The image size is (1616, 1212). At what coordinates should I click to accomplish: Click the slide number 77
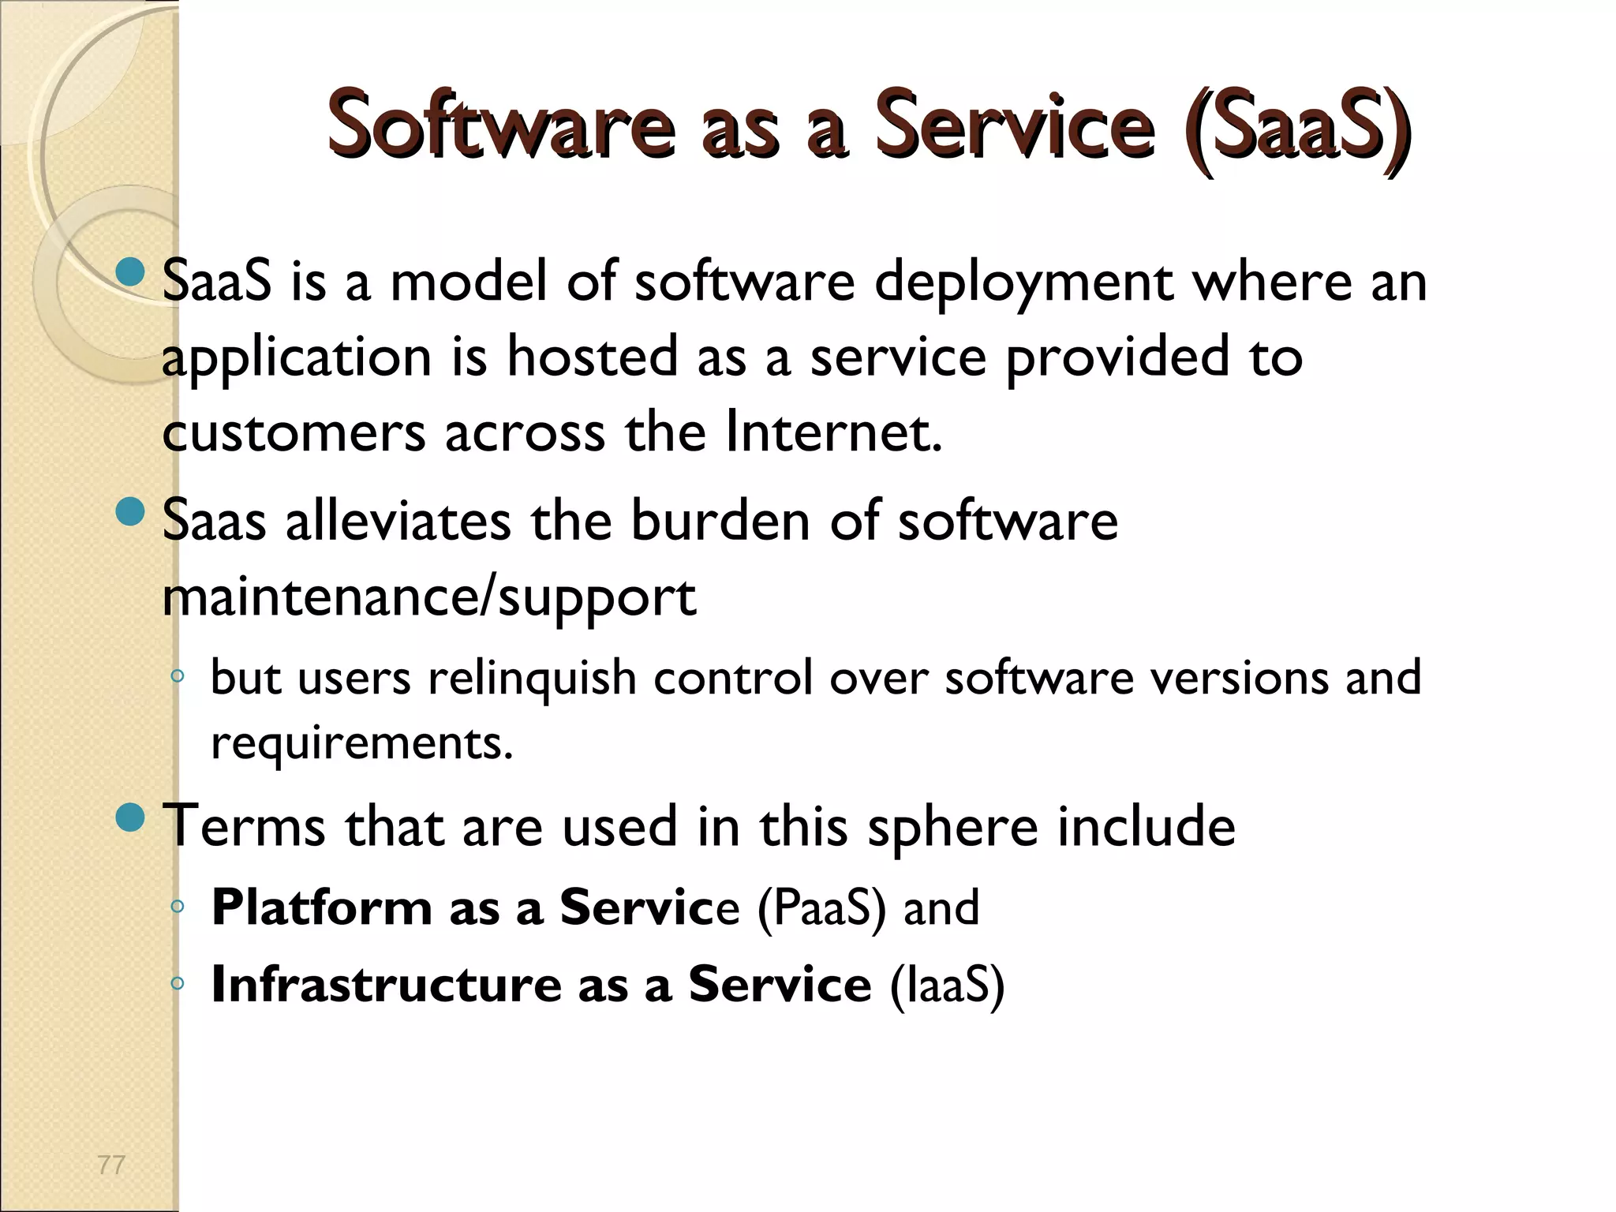coord(111,1165)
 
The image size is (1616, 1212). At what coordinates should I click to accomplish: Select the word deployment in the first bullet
coord(1023,282)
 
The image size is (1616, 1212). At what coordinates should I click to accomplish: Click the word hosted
coord(592,357)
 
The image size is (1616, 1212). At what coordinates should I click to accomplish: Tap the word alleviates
coord(398,521)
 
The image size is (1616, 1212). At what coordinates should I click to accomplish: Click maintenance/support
coord(428,597)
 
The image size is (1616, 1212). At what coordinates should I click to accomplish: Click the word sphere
coord(952,826)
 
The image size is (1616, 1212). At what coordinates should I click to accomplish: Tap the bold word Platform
coord(321,907)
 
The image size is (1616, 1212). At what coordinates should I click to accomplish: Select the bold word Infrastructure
coord(386,985)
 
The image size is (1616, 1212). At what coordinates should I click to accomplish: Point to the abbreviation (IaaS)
coord(947,985)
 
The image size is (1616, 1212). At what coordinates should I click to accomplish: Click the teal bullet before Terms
coord(129,817)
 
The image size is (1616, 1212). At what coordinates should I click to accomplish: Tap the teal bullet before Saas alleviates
coord(129,512)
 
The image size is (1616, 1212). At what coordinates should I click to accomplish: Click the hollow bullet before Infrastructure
coord(178,983)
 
